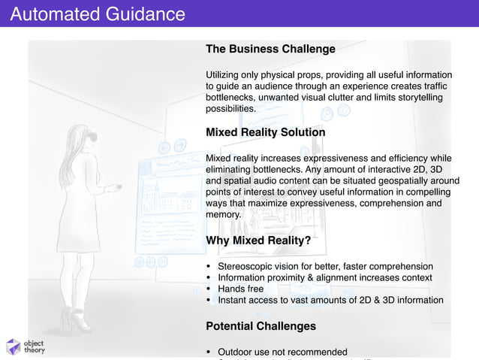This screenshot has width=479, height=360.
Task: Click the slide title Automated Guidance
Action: point(98,14)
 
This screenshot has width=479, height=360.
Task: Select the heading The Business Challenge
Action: point(270,50)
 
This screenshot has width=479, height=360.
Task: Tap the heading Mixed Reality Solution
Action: point(265,132)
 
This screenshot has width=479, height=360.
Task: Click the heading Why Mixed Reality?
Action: point(258,241)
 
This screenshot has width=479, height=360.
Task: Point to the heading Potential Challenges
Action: point(261,326)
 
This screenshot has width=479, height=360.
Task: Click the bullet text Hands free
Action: point(240,289)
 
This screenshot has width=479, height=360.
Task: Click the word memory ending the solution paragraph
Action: point(223,214)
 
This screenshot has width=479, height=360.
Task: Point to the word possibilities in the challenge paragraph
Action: point(230,109)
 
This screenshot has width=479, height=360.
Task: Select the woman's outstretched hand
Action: point(113,187)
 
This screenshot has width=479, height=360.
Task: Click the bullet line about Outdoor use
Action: point(282,352)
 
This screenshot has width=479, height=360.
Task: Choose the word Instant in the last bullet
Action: point(233,300)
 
